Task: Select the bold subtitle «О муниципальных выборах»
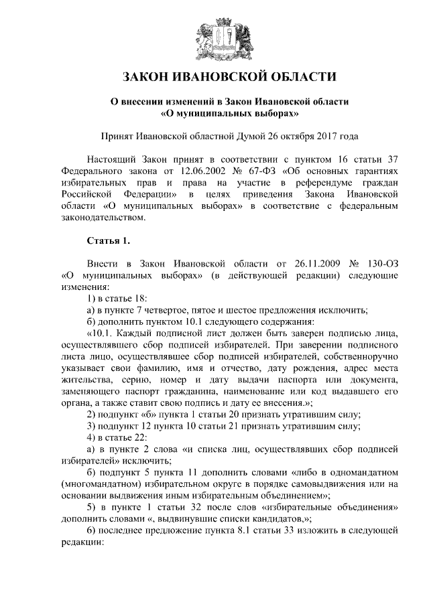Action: pyautogui.click(x=214, y=114)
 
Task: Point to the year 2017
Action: pyautogui.click(x=326, y=135)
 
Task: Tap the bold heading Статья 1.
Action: pyautogui.click(x=107, y=240)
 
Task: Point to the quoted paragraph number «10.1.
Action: pyautogui.click(x=102, y=333)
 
